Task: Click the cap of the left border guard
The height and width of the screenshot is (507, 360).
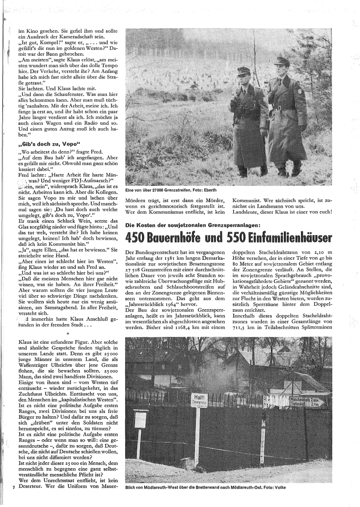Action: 241,71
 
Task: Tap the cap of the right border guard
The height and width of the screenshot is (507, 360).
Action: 282,61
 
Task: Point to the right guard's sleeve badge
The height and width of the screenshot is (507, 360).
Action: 302,102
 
